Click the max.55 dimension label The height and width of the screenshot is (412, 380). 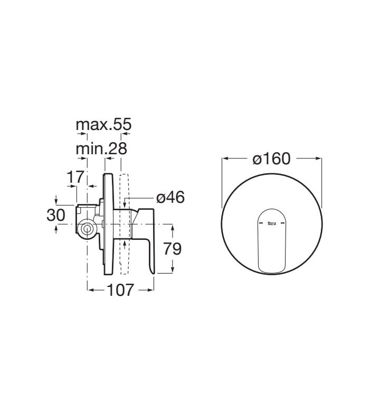point(103,125)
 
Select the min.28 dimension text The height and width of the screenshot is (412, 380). point(101,149)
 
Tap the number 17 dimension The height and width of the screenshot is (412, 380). point(75,177)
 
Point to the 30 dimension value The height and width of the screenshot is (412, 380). point(55,215)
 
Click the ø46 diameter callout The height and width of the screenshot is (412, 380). point(170,197)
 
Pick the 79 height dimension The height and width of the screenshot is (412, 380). point(173,249)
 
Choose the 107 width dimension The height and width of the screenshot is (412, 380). point(120,290)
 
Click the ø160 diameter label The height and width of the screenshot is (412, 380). point(272,158)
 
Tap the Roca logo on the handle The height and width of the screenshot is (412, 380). point(271,223)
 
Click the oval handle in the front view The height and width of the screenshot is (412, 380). point(271,241)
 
